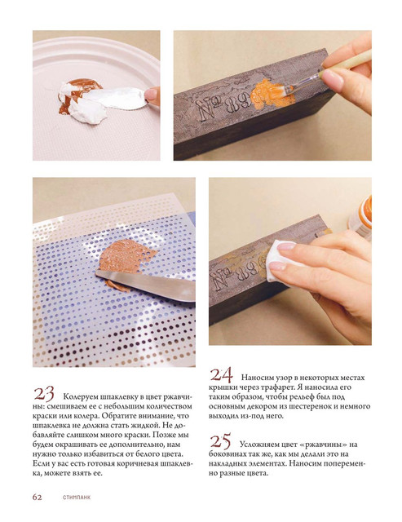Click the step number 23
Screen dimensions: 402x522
(x=43, y=394)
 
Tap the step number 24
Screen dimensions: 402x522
(x=221, y=375)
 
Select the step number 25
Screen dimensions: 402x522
(x=220, y=442)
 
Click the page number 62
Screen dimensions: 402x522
(x=38, y=498)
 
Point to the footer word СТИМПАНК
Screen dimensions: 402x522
(x=77, y=498)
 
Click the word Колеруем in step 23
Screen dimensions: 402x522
(x=79, y=397)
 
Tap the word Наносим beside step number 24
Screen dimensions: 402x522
(x=255, y=378)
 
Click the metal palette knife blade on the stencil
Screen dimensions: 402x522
(x=147, y=284)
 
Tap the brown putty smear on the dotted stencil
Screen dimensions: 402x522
(x=125, y=257)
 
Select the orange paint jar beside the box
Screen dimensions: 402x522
(x=360, y=217)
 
